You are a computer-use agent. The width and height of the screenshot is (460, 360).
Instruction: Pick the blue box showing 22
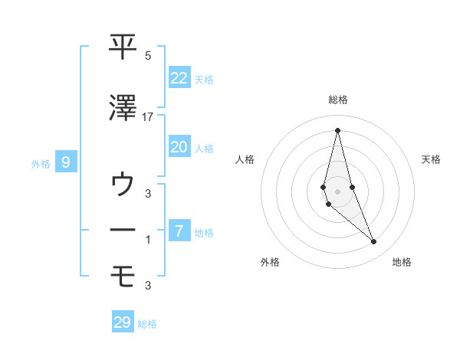[x=179, y=78]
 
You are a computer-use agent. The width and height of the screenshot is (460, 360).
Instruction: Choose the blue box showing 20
[x=179, y=147]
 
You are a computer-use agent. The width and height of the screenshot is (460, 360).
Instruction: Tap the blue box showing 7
[x=179, y=231]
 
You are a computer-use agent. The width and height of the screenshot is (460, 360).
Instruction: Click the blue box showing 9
[x=67, y=162]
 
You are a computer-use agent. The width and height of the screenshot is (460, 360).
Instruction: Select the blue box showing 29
[x=123, y=322]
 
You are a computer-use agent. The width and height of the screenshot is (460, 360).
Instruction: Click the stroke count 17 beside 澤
[x=148, y=117]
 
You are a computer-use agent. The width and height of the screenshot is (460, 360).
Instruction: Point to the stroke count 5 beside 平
[x=148, y=56]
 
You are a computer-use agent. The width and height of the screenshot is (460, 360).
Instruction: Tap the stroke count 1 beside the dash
[x=148, y=240]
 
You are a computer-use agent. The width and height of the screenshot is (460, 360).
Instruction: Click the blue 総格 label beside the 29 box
[x=147, y=324]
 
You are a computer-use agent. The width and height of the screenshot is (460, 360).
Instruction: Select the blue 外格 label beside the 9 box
[x=41, y=163]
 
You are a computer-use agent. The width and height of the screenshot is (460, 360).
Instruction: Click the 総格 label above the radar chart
[x=337, y=100]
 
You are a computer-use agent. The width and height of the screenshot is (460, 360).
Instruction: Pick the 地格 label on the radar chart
[x=402, y=262]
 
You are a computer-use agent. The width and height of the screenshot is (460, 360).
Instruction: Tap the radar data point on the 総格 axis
[x=337, y=129]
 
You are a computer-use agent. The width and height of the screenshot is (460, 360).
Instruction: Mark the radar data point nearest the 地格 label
[x=374, y=242]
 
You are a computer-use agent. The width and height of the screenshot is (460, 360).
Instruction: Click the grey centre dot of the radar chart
[x=337, y=190]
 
